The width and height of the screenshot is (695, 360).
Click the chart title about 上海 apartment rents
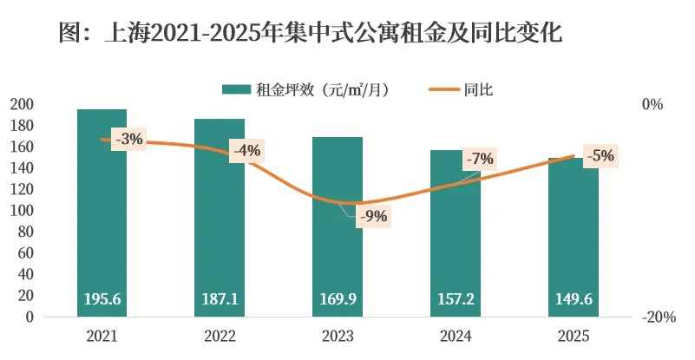(x=311, y=34)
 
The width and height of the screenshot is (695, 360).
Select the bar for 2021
(x=102, y=217)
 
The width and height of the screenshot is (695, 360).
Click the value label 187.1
(x=220, y=299)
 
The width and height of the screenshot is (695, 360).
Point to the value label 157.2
(x=456, y=299)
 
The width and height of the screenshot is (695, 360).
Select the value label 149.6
(x=574, y=299)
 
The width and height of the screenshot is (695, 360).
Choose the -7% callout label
(x=479, y=159)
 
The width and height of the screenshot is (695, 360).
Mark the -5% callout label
(x=600, y=157)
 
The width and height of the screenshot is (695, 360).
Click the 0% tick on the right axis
(x=652, y=104)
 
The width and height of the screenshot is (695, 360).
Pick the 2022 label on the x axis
(x=220, y=336)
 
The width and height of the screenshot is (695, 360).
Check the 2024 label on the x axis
(x=456, y=336)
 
